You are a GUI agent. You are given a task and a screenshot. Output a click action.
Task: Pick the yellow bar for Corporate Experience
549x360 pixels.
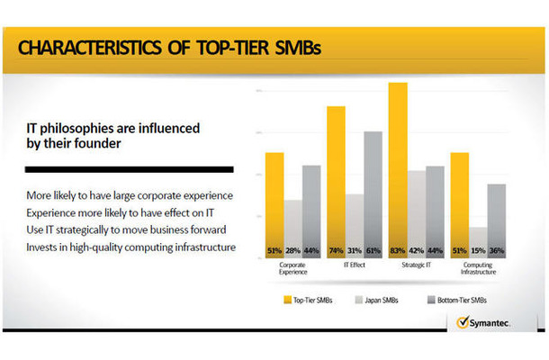pos(274,202)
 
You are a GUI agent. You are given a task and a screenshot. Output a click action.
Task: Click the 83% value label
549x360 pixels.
pos(398,250)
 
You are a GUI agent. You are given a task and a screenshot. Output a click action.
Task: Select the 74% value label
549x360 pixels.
pos(336,250)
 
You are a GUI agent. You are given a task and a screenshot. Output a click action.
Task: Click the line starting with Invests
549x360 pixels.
pos(130,247)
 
